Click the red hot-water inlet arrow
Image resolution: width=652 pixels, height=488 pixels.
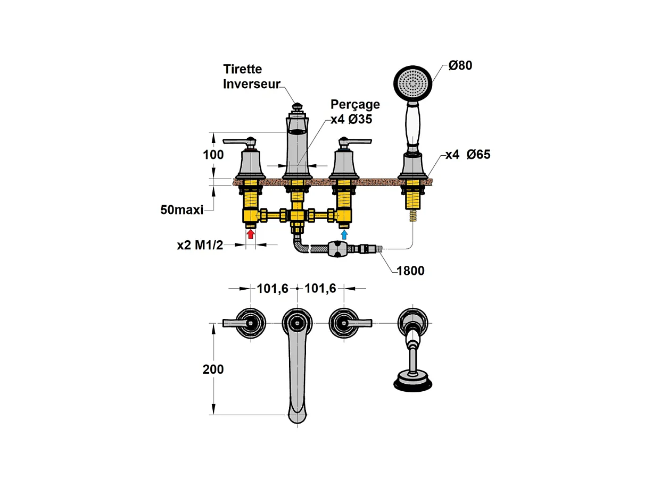pyautogui.click(x=251, y=233)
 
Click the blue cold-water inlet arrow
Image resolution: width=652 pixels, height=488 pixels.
pyautogui.click(x=344, y=233)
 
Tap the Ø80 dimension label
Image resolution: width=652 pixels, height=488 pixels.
pyautogui.click(x=460, y=66)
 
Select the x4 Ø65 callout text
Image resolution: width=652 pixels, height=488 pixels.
pyautogui.click(x=468, y=155)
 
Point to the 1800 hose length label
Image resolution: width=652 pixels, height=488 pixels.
pyautogui.click(x=410, y=271)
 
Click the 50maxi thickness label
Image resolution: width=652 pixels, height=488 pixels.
pyautogui.click(x=182, y=209)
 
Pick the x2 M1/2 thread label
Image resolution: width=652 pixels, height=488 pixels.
pyautogui.click(x=200, y=245)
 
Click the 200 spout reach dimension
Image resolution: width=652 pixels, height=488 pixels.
pyautogui.click(x=213, y=369)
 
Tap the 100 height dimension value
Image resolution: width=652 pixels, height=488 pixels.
pyautogui.click(x=213, y=156)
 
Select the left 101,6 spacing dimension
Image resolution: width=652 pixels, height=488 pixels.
pyautogui.click(x=273, y=289)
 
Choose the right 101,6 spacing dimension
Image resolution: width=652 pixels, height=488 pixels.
pyautogui.click(x=320, y=289)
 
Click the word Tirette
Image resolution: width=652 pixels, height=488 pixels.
pyautogui.click(x=243, y=70)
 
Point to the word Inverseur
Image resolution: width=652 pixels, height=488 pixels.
pyautogui.click(x=251, y=84)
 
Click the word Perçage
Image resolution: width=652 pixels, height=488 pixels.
pyautogui.click(x=355, y=104)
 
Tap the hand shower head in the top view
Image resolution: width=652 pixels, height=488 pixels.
pyautogui.click(x=412, y=382)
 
